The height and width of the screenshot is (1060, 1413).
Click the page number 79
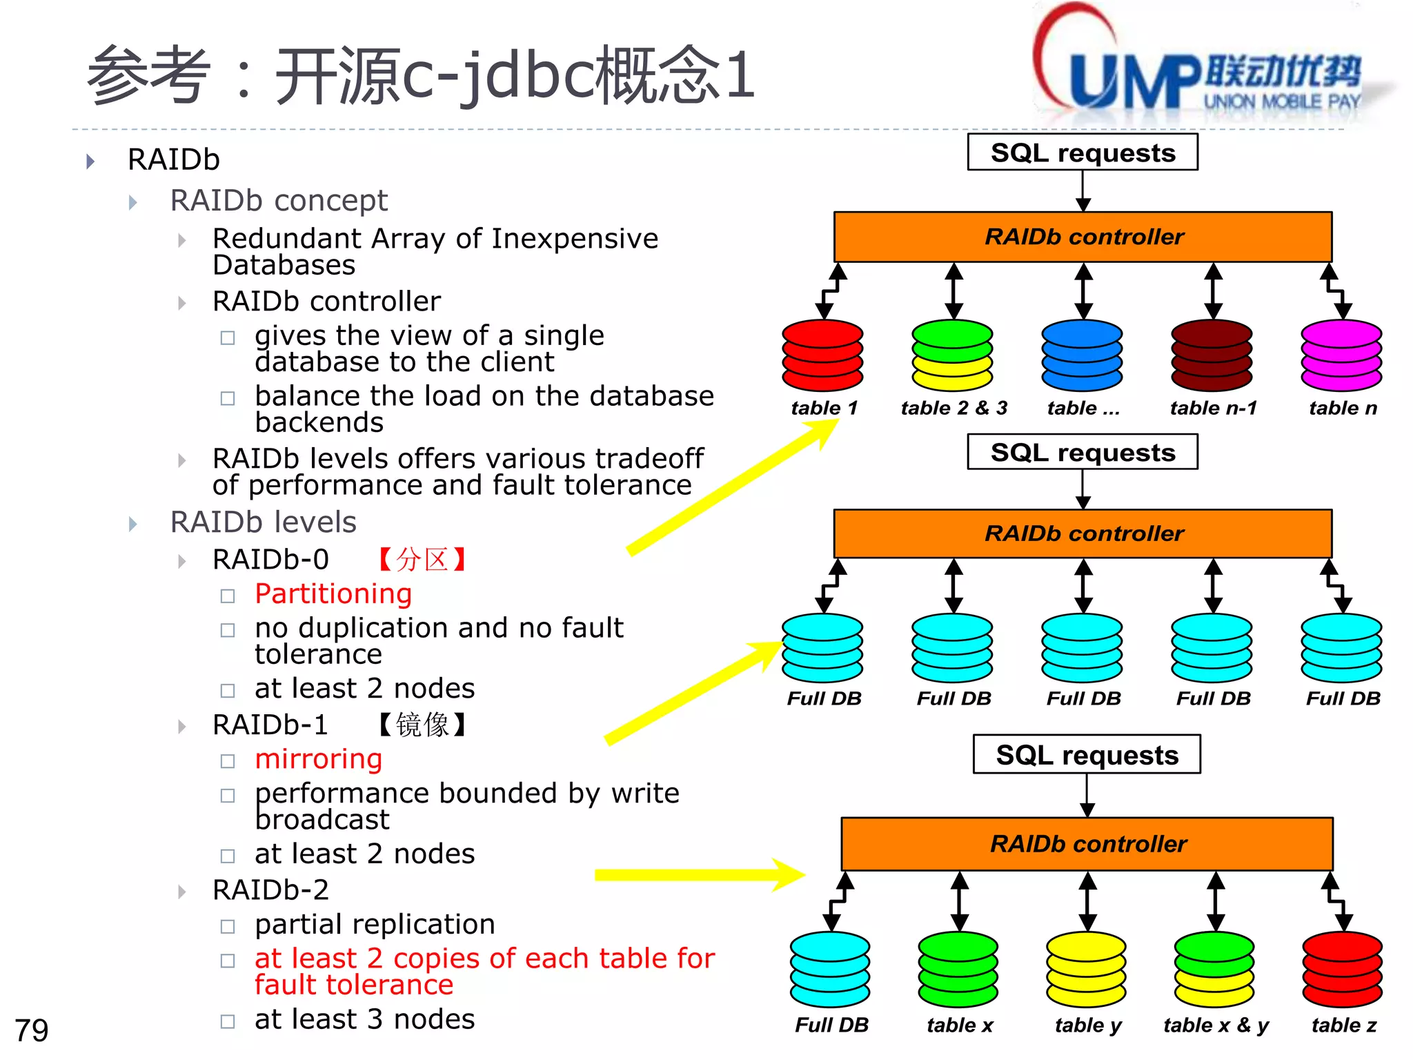[x=32, y=1030]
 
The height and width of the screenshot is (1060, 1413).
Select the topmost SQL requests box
[x=1082, y=153]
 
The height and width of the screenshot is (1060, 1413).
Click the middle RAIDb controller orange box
[x=1083, y=533]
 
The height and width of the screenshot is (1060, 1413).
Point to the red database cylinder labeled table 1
[x=822, y=355]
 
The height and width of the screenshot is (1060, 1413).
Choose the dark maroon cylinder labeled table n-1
[x=1212, y=355]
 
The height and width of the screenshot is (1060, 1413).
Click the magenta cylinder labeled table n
[x=1341, y=355]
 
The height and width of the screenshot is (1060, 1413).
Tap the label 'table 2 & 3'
[x=953, y=408]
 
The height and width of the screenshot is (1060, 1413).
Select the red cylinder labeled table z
[x=1342, y=969]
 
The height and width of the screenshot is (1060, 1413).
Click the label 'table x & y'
[x=1216, y=1025]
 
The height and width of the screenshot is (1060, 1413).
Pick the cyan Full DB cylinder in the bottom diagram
[x=830, y=969]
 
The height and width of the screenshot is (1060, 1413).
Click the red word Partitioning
[x=333, y=594]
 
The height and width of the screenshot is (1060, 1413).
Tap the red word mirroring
[x=318, y=759]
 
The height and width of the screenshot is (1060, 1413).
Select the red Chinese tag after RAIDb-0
[x=423, y=560]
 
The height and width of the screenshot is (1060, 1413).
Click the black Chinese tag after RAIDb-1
[x=423, y=725]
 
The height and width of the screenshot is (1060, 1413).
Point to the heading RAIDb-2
[x=270, y=890]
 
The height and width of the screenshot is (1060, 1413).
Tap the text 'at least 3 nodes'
[x=364, y=1019]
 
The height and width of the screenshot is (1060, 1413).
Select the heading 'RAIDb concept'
[x=279, y=201]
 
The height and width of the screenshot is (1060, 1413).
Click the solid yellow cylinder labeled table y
[x=1086, y=969]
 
